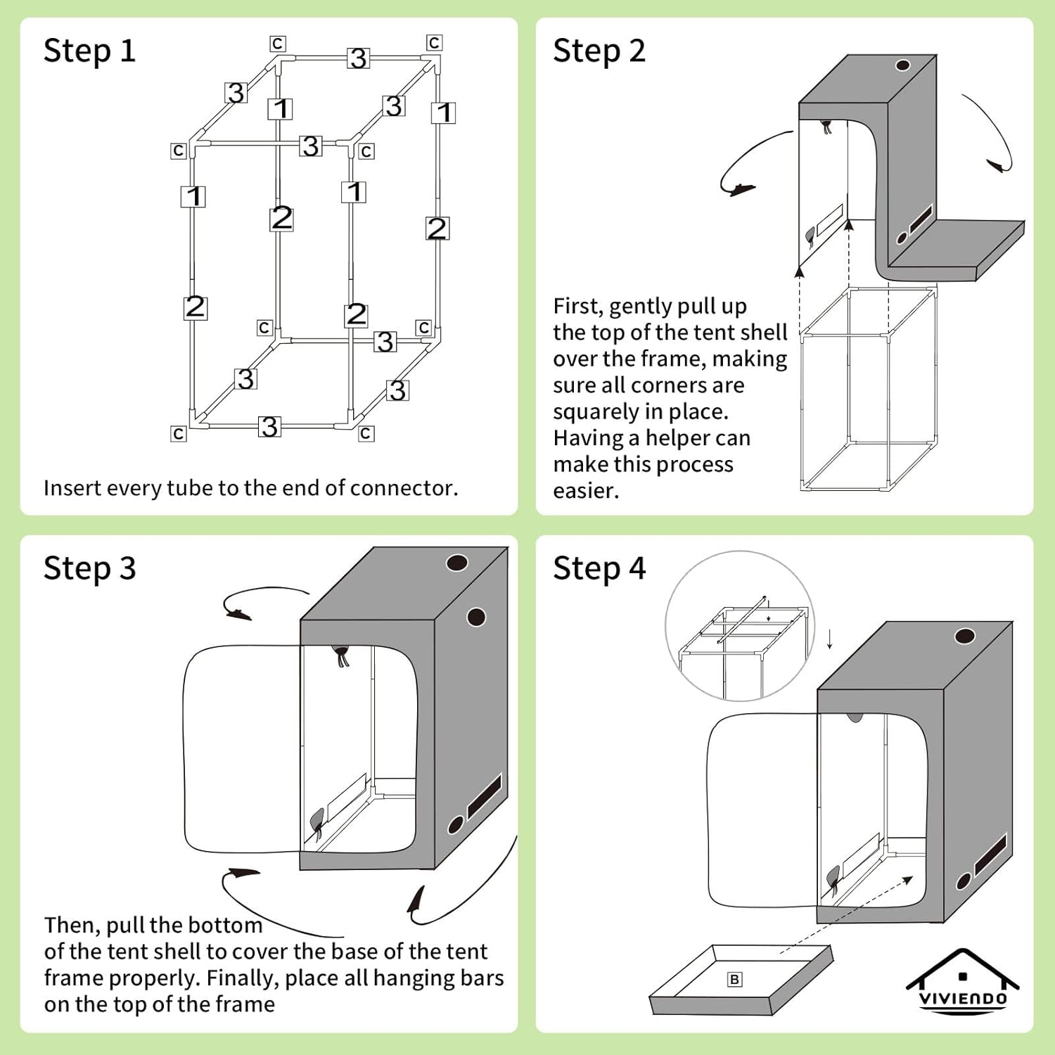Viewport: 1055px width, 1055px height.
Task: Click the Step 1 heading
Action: pos(89,51)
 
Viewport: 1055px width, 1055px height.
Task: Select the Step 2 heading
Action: pos(599,51)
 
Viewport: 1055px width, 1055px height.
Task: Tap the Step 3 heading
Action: pos(89,569)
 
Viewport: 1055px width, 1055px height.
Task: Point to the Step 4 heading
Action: pos(599,569)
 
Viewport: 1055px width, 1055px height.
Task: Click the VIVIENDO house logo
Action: pos(962,980)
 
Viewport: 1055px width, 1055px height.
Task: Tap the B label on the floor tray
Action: pos(734,979)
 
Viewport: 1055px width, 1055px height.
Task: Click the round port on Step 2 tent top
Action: pos(902,65)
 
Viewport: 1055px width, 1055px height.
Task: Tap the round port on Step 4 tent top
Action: pos(964,637)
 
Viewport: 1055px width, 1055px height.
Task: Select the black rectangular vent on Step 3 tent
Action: pos(485,795)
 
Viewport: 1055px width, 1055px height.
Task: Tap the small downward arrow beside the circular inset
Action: pos(830,640)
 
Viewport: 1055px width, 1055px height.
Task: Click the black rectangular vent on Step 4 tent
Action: pos(990,854)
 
